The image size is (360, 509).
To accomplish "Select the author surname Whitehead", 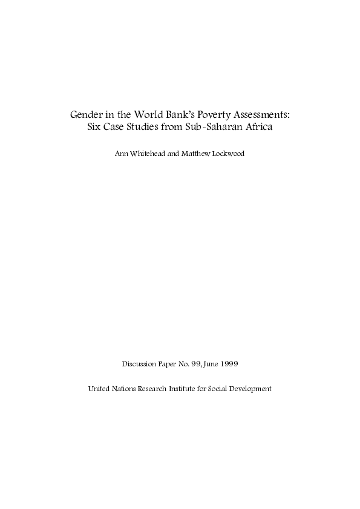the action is click(x=148, y=154).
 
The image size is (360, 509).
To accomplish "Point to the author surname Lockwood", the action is click(x=231, y=154).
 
